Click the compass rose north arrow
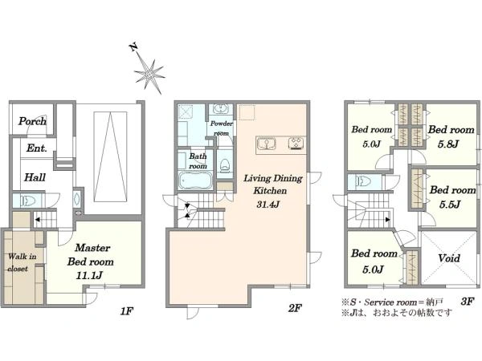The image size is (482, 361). (149, 73)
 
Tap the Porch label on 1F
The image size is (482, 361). (32, 121)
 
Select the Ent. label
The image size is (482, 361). (37, 148)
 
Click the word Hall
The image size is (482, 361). (35, 177)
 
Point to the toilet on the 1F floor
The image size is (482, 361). (27, 201)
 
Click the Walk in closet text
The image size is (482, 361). (22, 262)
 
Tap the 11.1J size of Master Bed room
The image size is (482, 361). (89, 276)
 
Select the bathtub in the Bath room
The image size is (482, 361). (195, 180)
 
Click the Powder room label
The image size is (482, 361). (222, 128)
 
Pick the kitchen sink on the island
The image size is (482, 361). (267, 144)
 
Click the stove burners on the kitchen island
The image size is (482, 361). (296, 144)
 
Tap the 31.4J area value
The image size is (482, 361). (268, 204)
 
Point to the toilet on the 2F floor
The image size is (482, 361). (225, 164)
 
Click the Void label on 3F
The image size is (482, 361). (449, 258)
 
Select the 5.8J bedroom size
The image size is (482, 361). (448, 144)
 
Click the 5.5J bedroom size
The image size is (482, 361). (449, 204)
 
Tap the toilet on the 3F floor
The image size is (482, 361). (364, 182)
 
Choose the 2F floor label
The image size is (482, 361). (295, 308)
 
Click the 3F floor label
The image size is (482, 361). (468, 302)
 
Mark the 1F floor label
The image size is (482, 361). (126, 311)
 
